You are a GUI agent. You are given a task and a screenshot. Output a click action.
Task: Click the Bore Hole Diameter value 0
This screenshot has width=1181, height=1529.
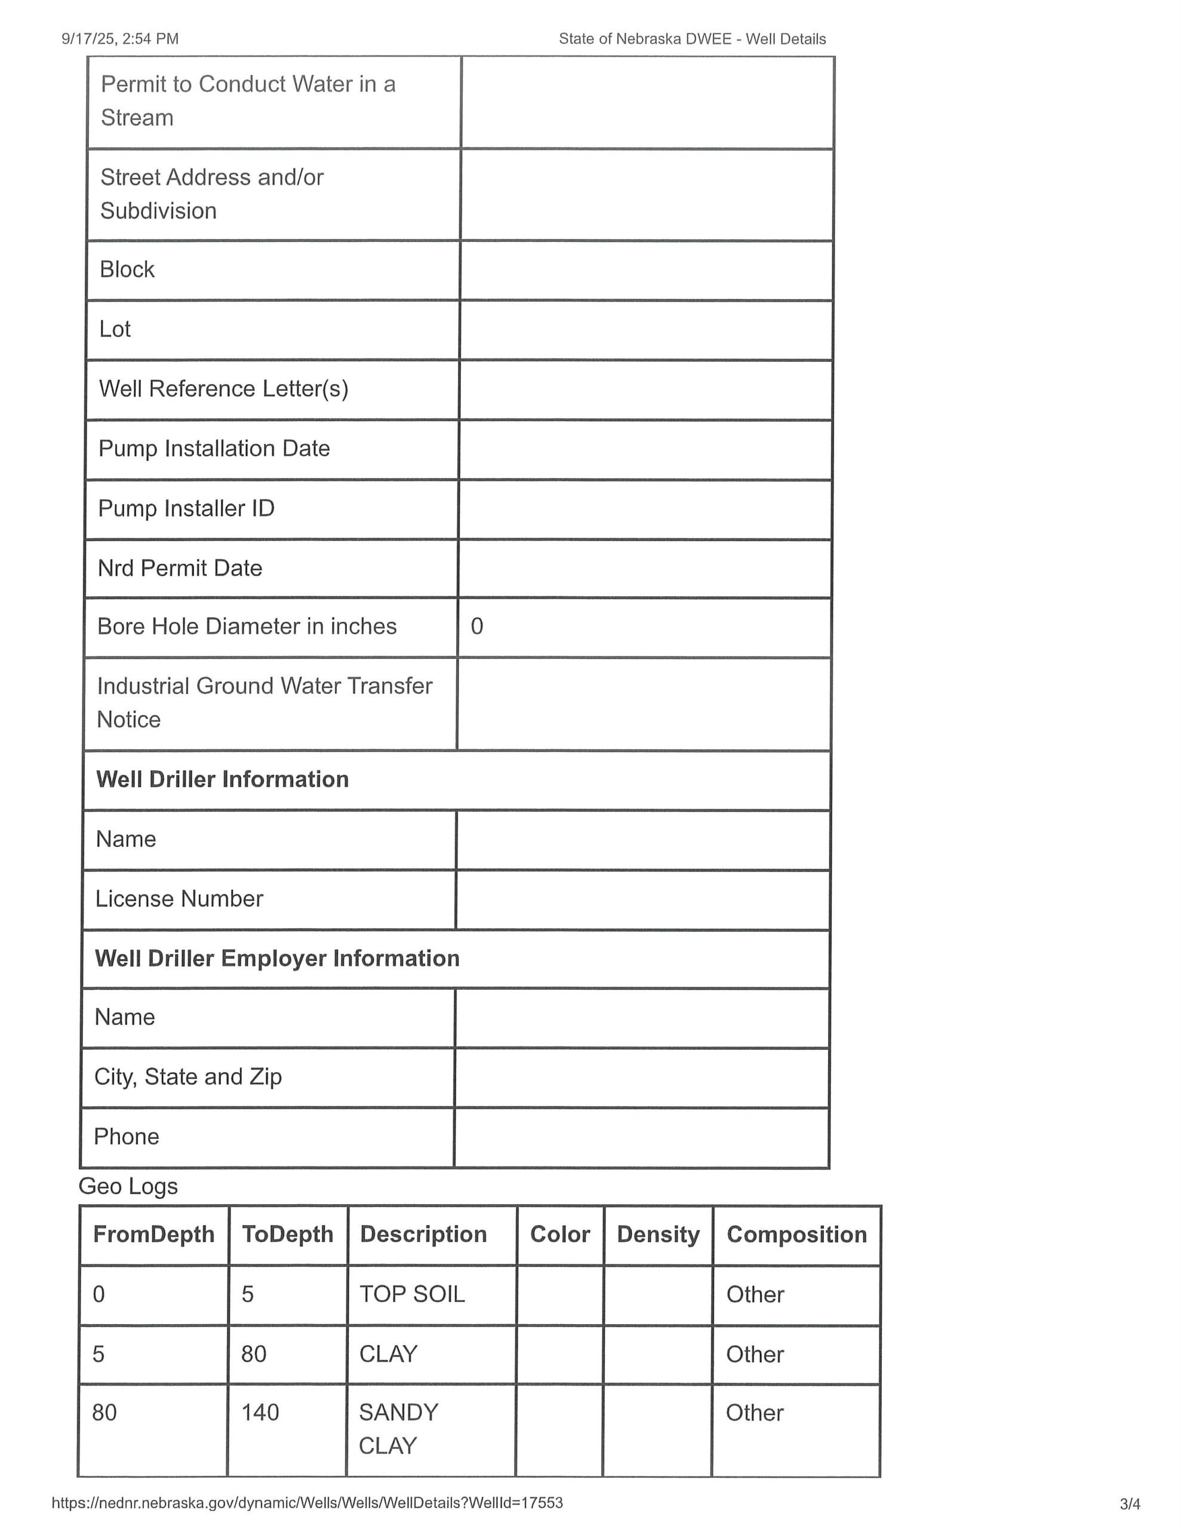click(x=476, y=626)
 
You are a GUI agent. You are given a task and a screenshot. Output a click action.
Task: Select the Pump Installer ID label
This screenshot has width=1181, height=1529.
click(x=186, y=508)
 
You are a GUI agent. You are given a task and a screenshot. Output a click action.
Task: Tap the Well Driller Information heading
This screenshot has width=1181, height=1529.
click(x=223, y=779)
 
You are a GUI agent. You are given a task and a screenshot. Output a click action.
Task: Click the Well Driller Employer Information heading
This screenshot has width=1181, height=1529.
click(x=277, y=958)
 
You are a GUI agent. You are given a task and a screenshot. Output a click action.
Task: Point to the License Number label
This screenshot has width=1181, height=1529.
click(x=179, y=898)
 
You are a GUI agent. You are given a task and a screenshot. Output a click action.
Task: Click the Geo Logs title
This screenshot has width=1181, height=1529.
click(x=128, y=1186)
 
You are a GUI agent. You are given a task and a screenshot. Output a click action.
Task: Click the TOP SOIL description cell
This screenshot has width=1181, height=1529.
click(x=413, y=1294)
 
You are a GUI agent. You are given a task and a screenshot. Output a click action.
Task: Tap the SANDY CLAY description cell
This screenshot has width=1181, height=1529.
click(x=398, y=1428)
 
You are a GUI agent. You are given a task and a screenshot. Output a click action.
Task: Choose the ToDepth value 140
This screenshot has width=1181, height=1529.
click(x=260, y=1412)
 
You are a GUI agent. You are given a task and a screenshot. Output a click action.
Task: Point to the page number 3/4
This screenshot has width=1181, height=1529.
click(x=1130, y=1503)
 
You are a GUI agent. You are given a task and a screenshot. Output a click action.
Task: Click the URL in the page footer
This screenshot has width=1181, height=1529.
click(x=307, y=1502)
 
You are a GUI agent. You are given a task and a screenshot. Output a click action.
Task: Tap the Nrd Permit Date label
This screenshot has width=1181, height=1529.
click(x=180, y=568)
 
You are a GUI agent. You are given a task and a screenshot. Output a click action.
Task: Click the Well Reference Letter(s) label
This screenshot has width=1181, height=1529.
click(x=224, y=389)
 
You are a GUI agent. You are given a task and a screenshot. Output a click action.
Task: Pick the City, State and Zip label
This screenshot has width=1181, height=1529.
click(x=188, y=1076)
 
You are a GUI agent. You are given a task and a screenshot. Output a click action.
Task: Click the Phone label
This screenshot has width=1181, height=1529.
click(x=127, y=1136)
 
